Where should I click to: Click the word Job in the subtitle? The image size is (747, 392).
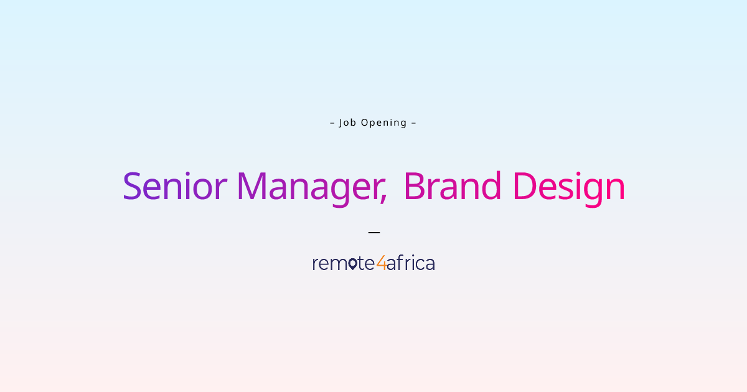tap(347, 123)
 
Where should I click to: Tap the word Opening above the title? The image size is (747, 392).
tap(384, 123)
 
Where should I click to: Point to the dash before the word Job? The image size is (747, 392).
tap(332, 123)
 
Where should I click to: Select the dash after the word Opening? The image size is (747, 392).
tap(413, 123)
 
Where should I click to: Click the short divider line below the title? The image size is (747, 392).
tap(374, 232)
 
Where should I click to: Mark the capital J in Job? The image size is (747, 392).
tap(341, 123)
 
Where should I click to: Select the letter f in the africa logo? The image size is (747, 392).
tap(398, 263)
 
